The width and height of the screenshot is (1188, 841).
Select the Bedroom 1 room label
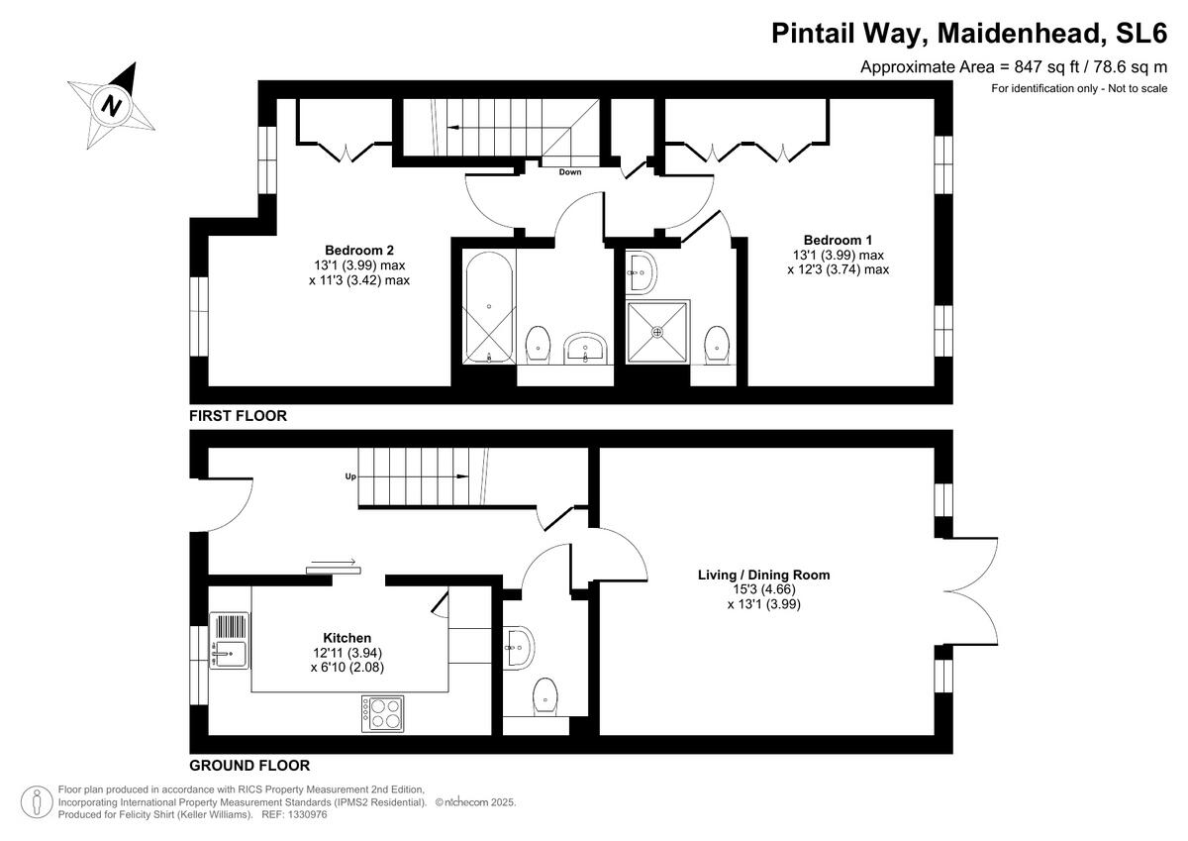pyautogui.click(x=838, y=240)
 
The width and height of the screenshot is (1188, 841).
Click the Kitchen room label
pyautogui.click(x=346, y=638)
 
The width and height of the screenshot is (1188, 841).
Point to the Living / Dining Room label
pyautogui.click(x=763, y=575)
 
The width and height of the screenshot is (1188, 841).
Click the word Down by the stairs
pyautogui.click(x=570, y=172)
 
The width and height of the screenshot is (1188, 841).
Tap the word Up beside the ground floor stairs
pyautogui.click(x=350, y=476)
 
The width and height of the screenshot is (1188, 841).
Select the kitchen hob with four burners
pyautogui.click(x=382, y=714)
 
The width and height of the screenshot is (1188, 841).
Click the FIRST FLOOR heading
pyautogui.click(x=239, y=416)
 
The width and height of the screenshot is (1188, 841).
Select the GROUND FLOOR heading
pyautogui.click(x=249, y=765)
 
